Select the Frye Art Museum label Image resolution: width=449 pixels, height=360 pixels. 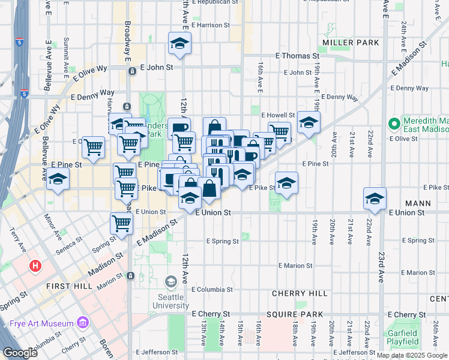(x=42, y=323)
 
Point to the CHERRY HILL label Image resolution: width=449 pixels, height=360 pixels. (x=300, y=293)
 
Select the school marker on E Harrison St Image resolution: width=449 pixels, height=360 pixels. (x=179, y=43)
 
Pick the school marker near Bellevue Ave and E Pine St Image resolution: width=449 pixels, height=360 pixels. (x=58, y=179)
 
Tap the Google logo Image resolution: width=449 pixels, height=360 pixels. (x=20, y=352)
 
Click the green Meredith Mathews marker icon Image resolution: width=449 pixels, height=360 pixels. (x=394, y=124)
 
